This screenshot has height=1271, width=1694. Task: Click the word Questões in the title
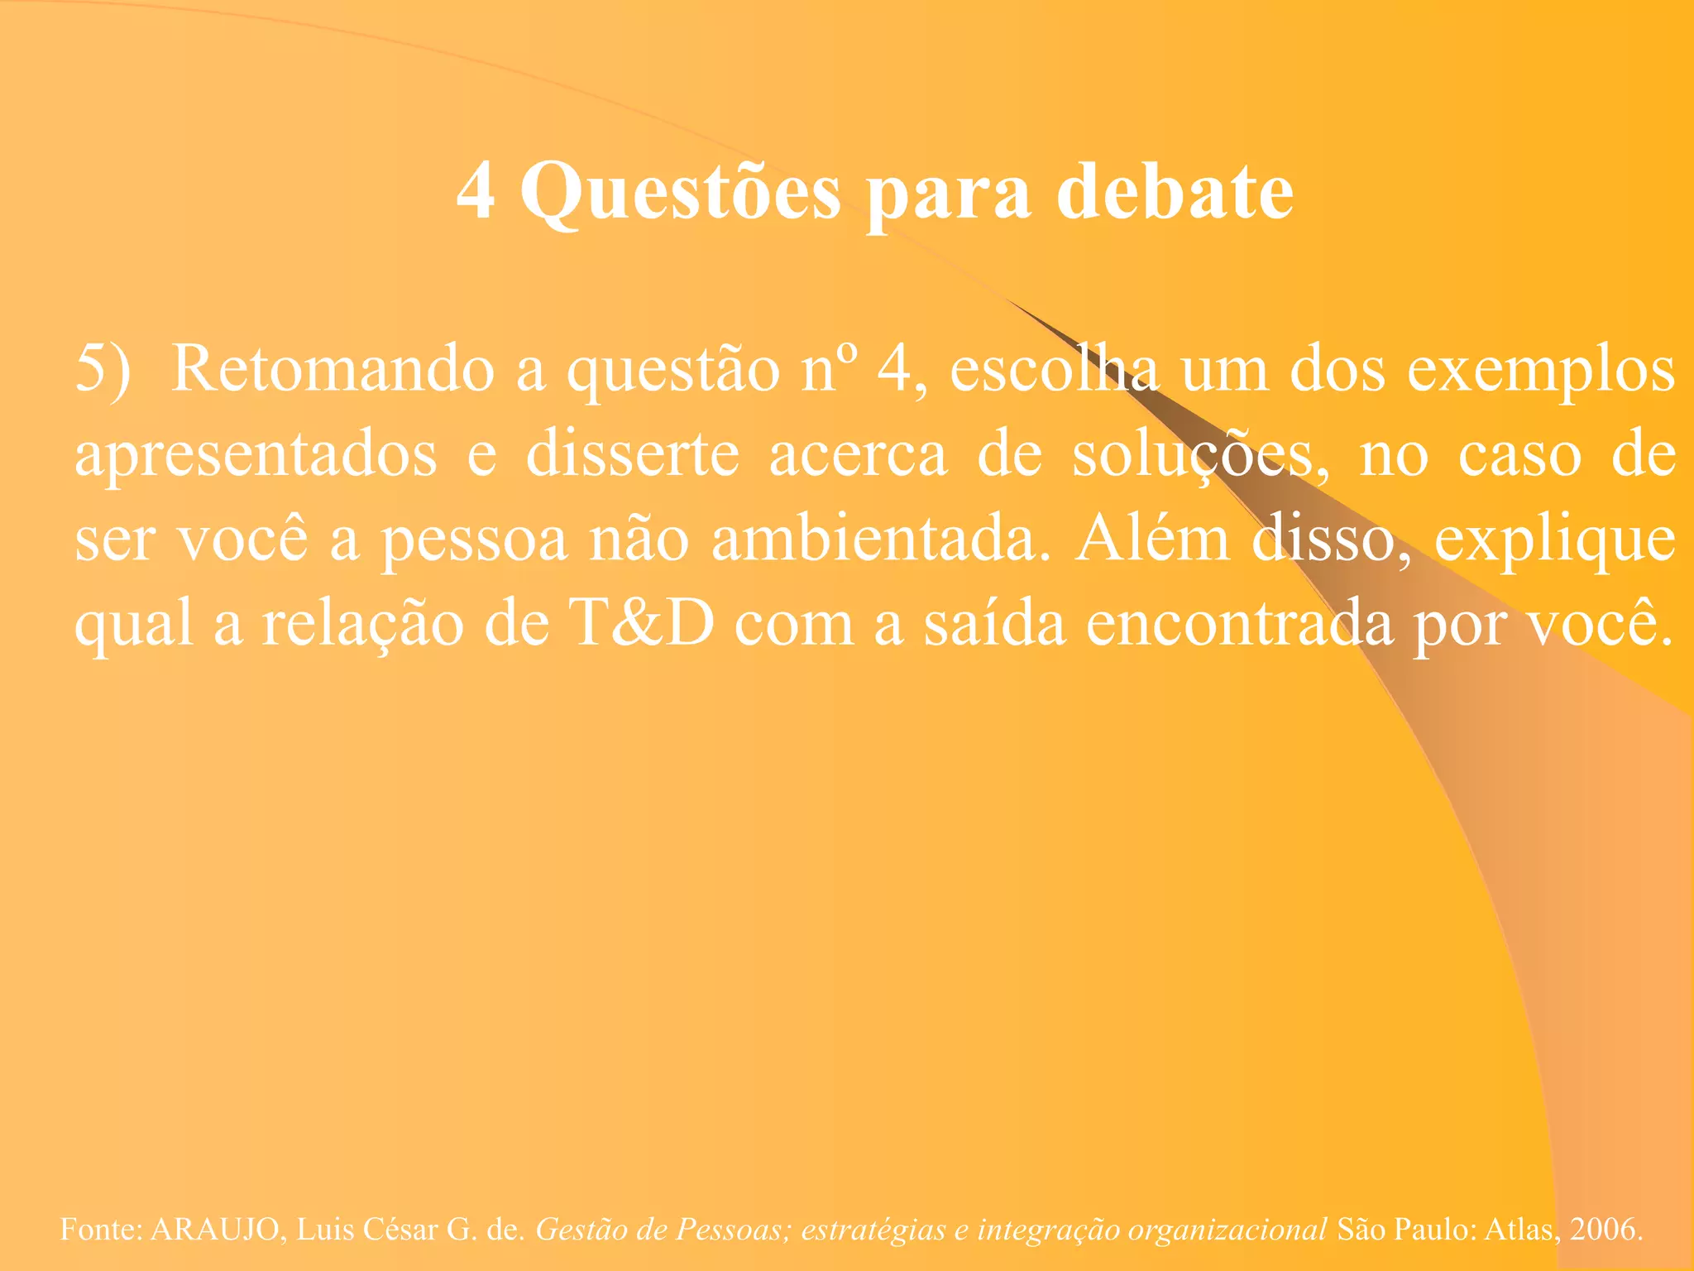tap(680, 193)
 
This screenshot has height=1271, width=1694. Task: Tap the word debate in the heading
tap(1175, 191)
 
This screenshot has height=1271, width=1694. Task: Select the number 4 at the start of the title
tap(476, 191)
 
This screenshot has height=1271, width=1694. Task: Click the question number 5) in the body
tap(103, 369)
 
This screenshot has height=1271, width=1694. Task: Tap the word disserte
tap(633, 454)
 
